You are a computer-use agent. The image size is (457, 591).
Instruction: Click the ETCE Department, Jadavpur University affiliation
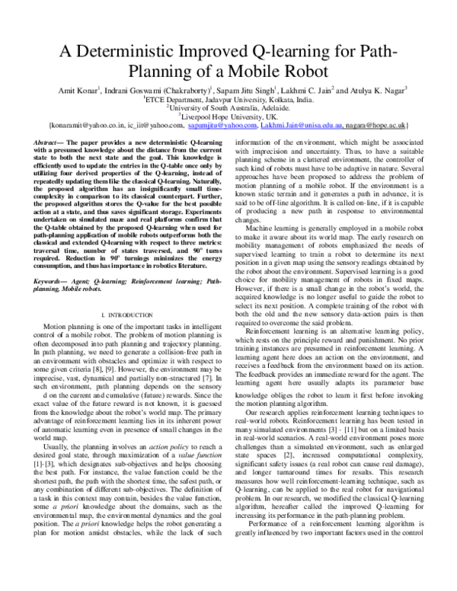pyautogui.click(x=228, y=99)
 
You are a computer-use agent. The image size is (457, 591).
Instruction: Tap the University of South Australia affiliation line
pyautogui.click(x=228, y=107)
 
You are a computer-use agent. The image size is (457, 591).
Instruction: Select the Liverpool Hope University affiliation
pyautogui.click(x=228, y=116)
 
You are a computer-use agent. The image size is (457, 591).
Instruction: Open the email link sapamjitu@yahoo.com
pyautogui.click(x=220, y=124)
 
